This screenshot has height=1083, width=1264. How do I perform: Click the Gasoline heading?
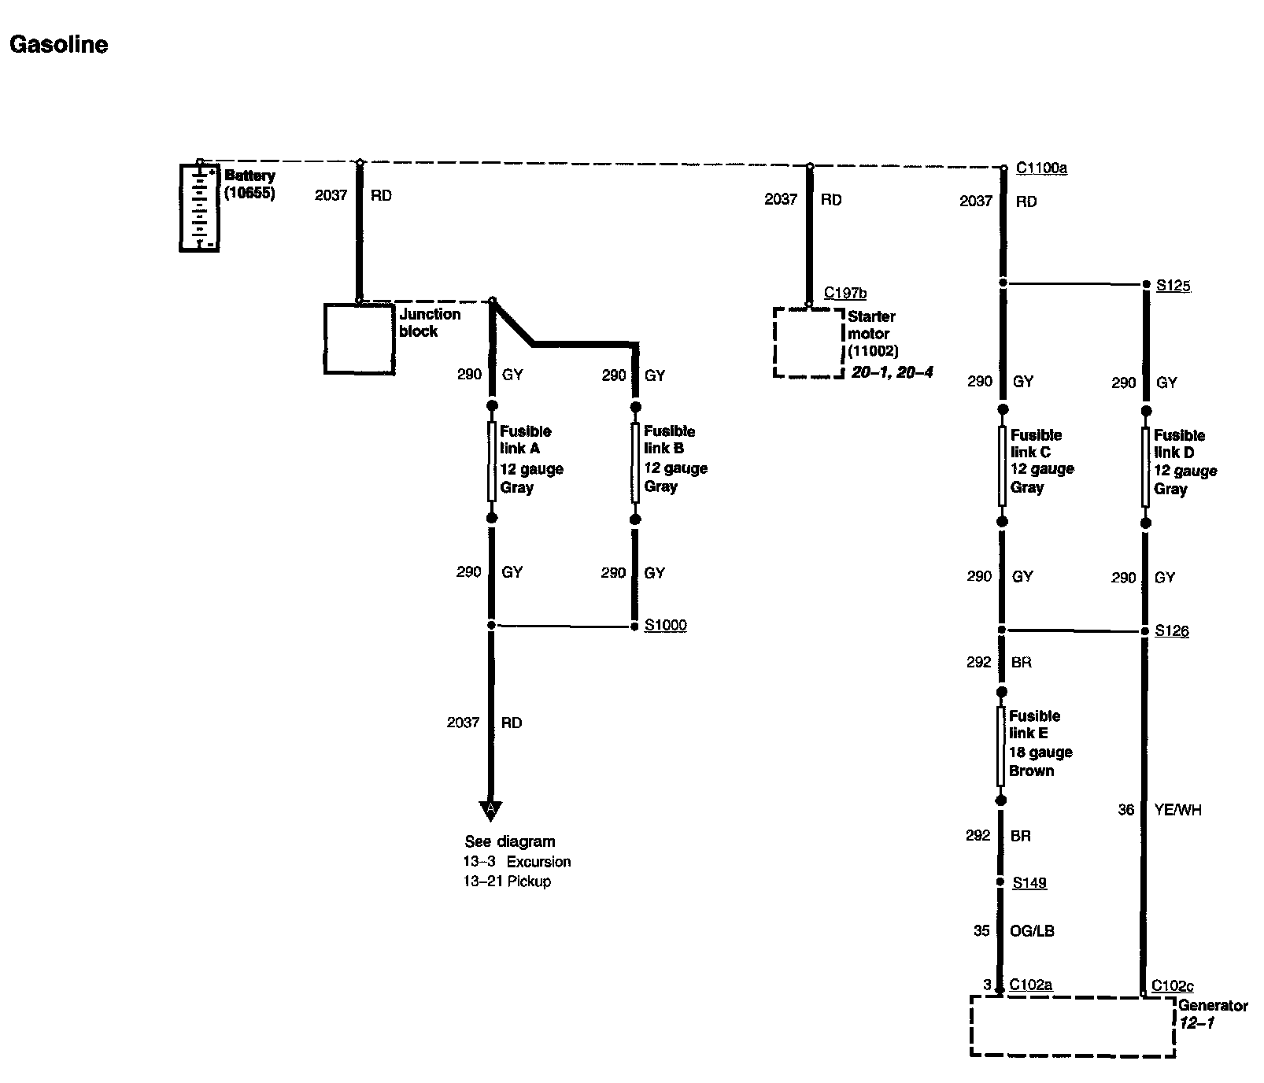tap(59, 45)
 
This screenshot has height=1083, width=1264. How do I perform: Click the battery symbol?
tap(199, 207)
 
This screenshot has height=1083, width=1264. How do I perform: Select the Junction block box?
tap(360, 339)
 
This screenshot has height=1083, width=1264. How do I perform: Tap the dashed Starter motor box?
tap(808, 342)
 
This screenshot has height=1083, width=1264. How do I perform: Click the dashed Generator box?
tap(1073, 1026)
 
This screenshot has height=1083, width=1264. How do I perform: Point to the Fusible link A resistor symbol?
tap(492, 461)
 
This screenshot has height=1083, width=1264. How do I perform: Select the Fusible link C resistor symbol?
tap(1002, 465)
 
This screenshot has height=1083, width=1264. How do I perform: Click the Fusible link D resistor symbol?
tap(1146, 466)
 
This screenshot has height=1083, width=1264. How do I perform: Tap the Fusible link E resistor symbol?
tap(1001, 745)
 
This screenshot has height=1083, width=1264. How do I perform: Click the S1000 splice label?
tap(665, 626)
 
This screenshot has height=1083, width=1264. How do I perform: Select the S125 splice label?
tap(1173, 286)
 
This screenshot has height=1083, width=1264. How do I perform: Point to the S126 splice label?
tap(1172, 631)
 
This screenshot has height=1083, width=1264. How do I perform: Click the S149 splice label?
tap(1029, 883)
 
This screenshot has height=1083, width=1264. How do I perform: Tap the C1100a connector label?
tap(1041, 168)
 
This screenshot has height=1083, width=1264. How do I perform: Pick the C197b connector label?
tap(845, 294)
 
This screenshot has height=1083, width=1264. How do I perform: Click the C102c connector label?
tap(1173, 985)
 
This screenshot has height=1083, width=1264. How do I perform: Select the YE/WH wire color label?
tap(1177, 810)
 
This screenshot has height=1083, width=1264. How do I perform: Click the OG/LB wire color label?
tap(1032, 931)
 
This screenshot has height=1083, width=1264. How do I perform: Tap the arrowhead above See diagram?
tap(490, 810)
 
